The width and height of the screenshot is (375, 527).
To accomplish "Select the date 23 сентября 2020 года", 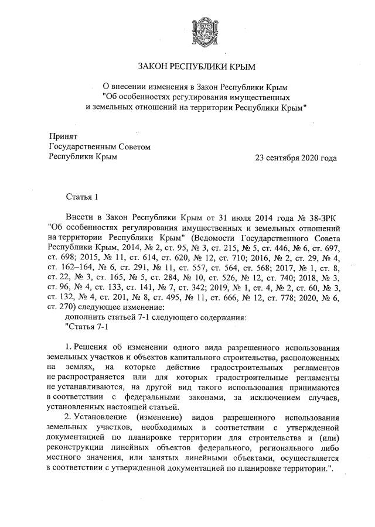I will pyautogui.click(x=295, y=158).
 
